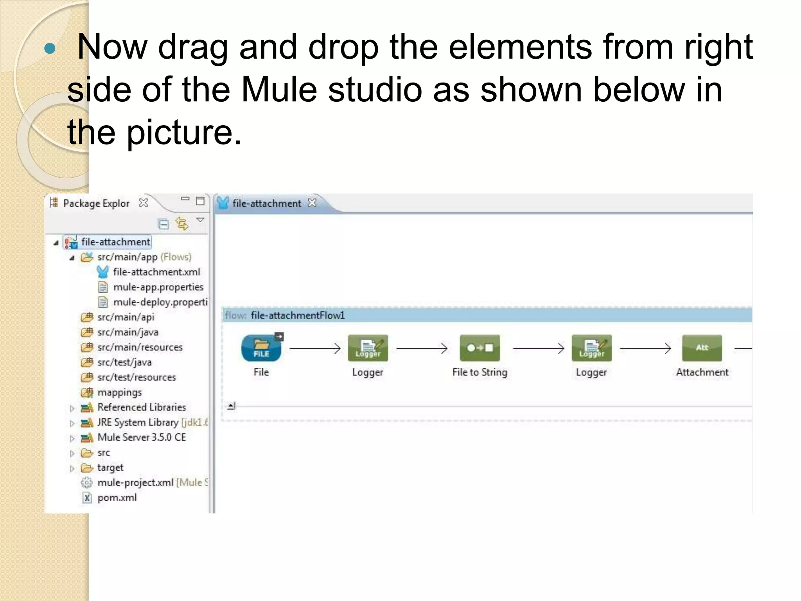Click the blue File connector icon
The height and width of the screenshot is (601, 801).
point(261,348)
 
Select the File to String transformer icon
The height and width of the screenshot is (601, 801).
point(480,348)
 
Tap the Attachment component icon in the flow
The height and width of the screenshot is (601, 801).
point(702,348)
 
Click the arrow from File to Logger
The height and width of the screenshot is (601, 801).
point(315,348)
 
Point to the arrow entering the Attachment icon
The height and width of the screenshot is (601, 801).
point(645,348)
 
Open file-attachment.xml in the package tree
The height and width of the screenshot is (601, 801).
point(156,272)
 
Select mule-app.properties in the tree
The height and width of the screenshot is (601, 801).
point(158,287)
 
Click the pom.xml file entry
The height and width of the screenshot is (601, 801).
point(117,498)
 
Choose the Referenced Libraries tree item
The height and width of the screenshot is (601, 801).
point(142,407)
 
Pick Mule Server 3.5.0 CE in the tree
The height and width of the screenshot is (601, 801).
point(142,437)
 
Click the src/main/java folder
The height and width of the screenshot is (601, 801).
point(128,332)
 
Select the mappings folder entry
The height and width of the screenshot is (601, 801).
point(119,392)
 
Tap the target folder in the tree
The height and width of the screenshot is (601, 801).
point(110,468)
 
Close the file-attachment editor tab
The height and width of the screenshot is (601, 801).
point(312,203)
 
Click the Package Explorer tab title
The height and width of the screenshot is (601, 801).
point(96,203)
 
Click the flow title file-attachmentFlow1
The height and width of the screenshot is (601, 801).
point(298,315)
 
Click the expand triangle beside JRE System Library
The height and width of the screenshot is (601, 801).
point(72,423)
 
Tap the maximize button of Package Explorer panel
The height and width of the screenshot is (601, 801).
point(200,201)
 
